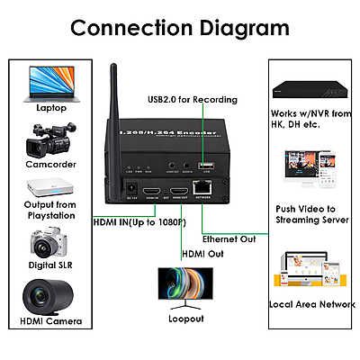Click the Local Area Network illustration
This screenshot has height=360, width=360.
click(310, 274)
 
